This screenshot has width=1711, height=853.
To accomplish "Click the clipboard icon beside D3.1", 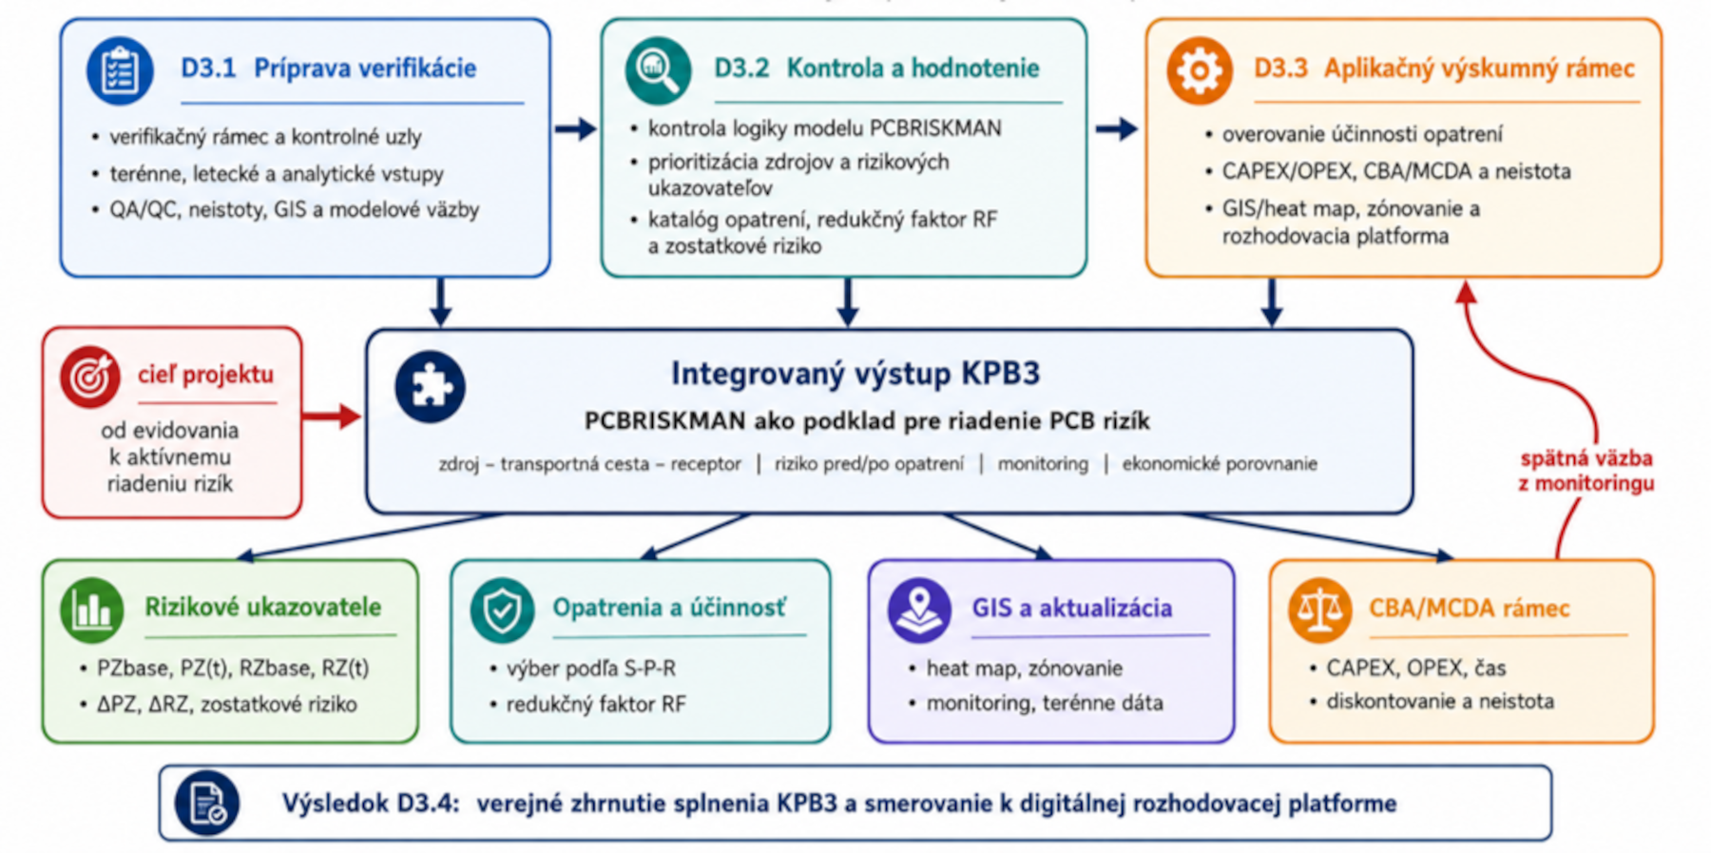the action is (120, 70).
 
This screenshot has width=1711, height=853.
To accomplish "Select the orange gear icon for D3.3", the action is (1199, 70).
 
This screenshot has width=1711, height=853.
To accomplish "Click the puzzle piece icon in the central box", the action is (431, 387).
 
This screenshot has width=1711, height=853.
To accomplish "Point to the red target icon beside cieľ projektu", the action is (90, 377).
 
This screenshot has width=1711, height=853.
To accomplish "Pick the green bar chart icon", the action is (92, 610).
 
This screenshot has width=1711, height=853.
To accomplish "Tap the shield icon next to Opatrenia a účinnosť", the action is (502, 610).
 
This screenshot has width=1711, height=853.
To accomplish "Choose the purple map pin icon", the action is (919, 610).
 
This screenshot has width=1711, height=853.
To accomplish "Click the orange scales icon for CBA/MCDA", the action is (1320, 610).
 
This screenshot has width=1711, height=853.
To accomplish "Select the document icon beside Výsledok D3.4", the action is (207, 804).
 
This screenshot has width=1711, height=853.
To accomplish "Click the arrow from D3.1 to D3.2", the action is (575, 128).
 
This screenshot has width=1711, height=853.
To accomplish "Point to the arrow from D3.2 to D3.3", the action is (1116, 128).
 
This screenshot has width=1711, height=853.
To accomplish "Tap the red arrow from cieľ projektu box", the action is (331, 416).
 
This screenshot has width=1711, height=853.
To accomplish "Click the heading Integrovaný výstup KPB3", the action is (855, 373).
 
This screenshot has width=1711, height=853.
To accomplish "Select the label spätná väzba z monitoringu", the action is (1586, 471).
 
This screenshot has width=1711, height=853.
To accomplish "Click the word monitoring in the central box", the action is (1043, 464).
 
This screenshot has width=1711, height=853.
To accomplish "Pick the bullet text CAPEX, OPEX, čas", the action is (1416, 668).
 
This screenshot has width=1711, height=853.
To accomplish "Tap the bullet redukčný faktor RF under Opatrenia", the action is (596, 705).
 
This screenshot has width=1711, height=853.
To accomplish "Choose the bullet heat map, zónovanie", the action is (1025, 669).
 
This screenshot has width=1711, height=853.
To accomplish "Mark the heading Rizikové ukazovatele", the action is (262, 607).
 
